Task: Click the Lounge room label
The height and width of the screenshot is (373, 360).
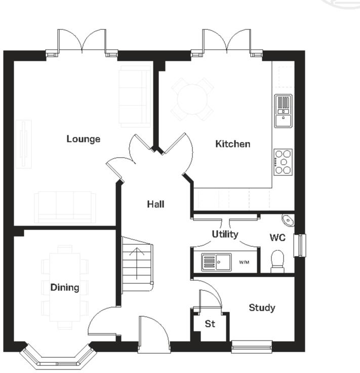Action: (x=84, y=139)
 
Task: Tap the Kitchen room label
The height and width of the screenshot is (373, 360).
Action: (x=232, y=144)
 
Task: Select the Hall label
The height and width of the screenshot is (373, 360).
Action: (x=155, y=204)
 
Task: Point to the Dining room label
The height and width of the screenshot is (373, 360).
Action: (x=65, y=287)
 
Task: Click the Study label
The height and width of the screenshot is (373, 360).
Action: (x=262, y=308)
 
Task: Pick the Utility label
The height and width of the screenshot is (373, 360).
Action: (x=225, y=234)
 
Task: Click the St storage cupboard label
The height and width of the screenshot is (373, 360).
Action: (x=210, y=323)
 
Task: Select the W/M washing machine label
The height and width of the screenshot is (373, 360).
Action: (x=245, y=263)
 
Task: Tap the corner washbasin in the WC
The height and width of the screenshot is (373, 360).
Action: (x=288, y=220)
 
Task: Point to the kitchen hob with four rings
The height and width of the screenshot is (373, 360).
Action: (x=283, y=162)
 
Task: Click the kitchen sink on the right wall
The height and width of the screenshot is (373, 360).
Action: (x=283, y=110)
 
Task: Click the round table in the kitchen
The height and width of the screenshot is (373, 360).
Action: (x=192, y=99)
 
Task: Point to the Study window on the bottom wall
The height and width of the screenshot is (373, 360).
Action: (x=252, y=347)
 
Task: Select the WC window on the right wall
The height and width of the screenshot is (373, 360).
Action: (x=301, y=245)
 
